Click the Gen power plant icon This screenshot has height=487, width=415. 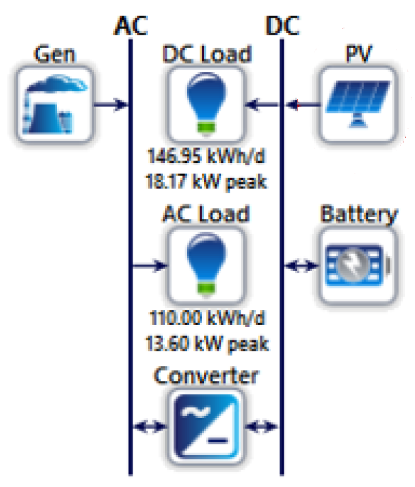(x=55, y=105)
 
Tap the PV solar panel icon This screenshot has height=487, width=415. (x=358, y=105)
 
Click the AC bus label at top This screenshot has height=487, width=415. (x=131, y=26)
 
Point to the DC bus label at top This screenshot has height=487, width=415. (x=282, y=26)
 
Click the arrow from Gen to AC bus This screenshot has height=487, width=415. (x=111, y=105)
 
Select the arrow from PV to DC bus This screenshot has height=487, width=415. (x=302, y=105)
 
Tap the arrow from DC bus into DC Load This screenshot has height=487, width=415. (x=262, y=105)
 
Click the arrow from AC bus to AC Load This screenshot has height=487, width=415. (x=149, y=265)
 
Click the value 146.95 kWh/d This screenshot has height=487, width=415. (x=206, y=155)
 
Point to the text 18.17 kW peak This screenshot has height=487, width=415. (x=206, y=181)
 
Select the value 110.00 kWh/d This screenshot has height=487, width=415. (x=207, y=318)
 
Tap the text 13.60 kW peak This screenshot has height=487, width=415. (x=207, y=343)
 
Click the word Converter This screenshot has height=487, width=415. (x=206, y=376)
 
